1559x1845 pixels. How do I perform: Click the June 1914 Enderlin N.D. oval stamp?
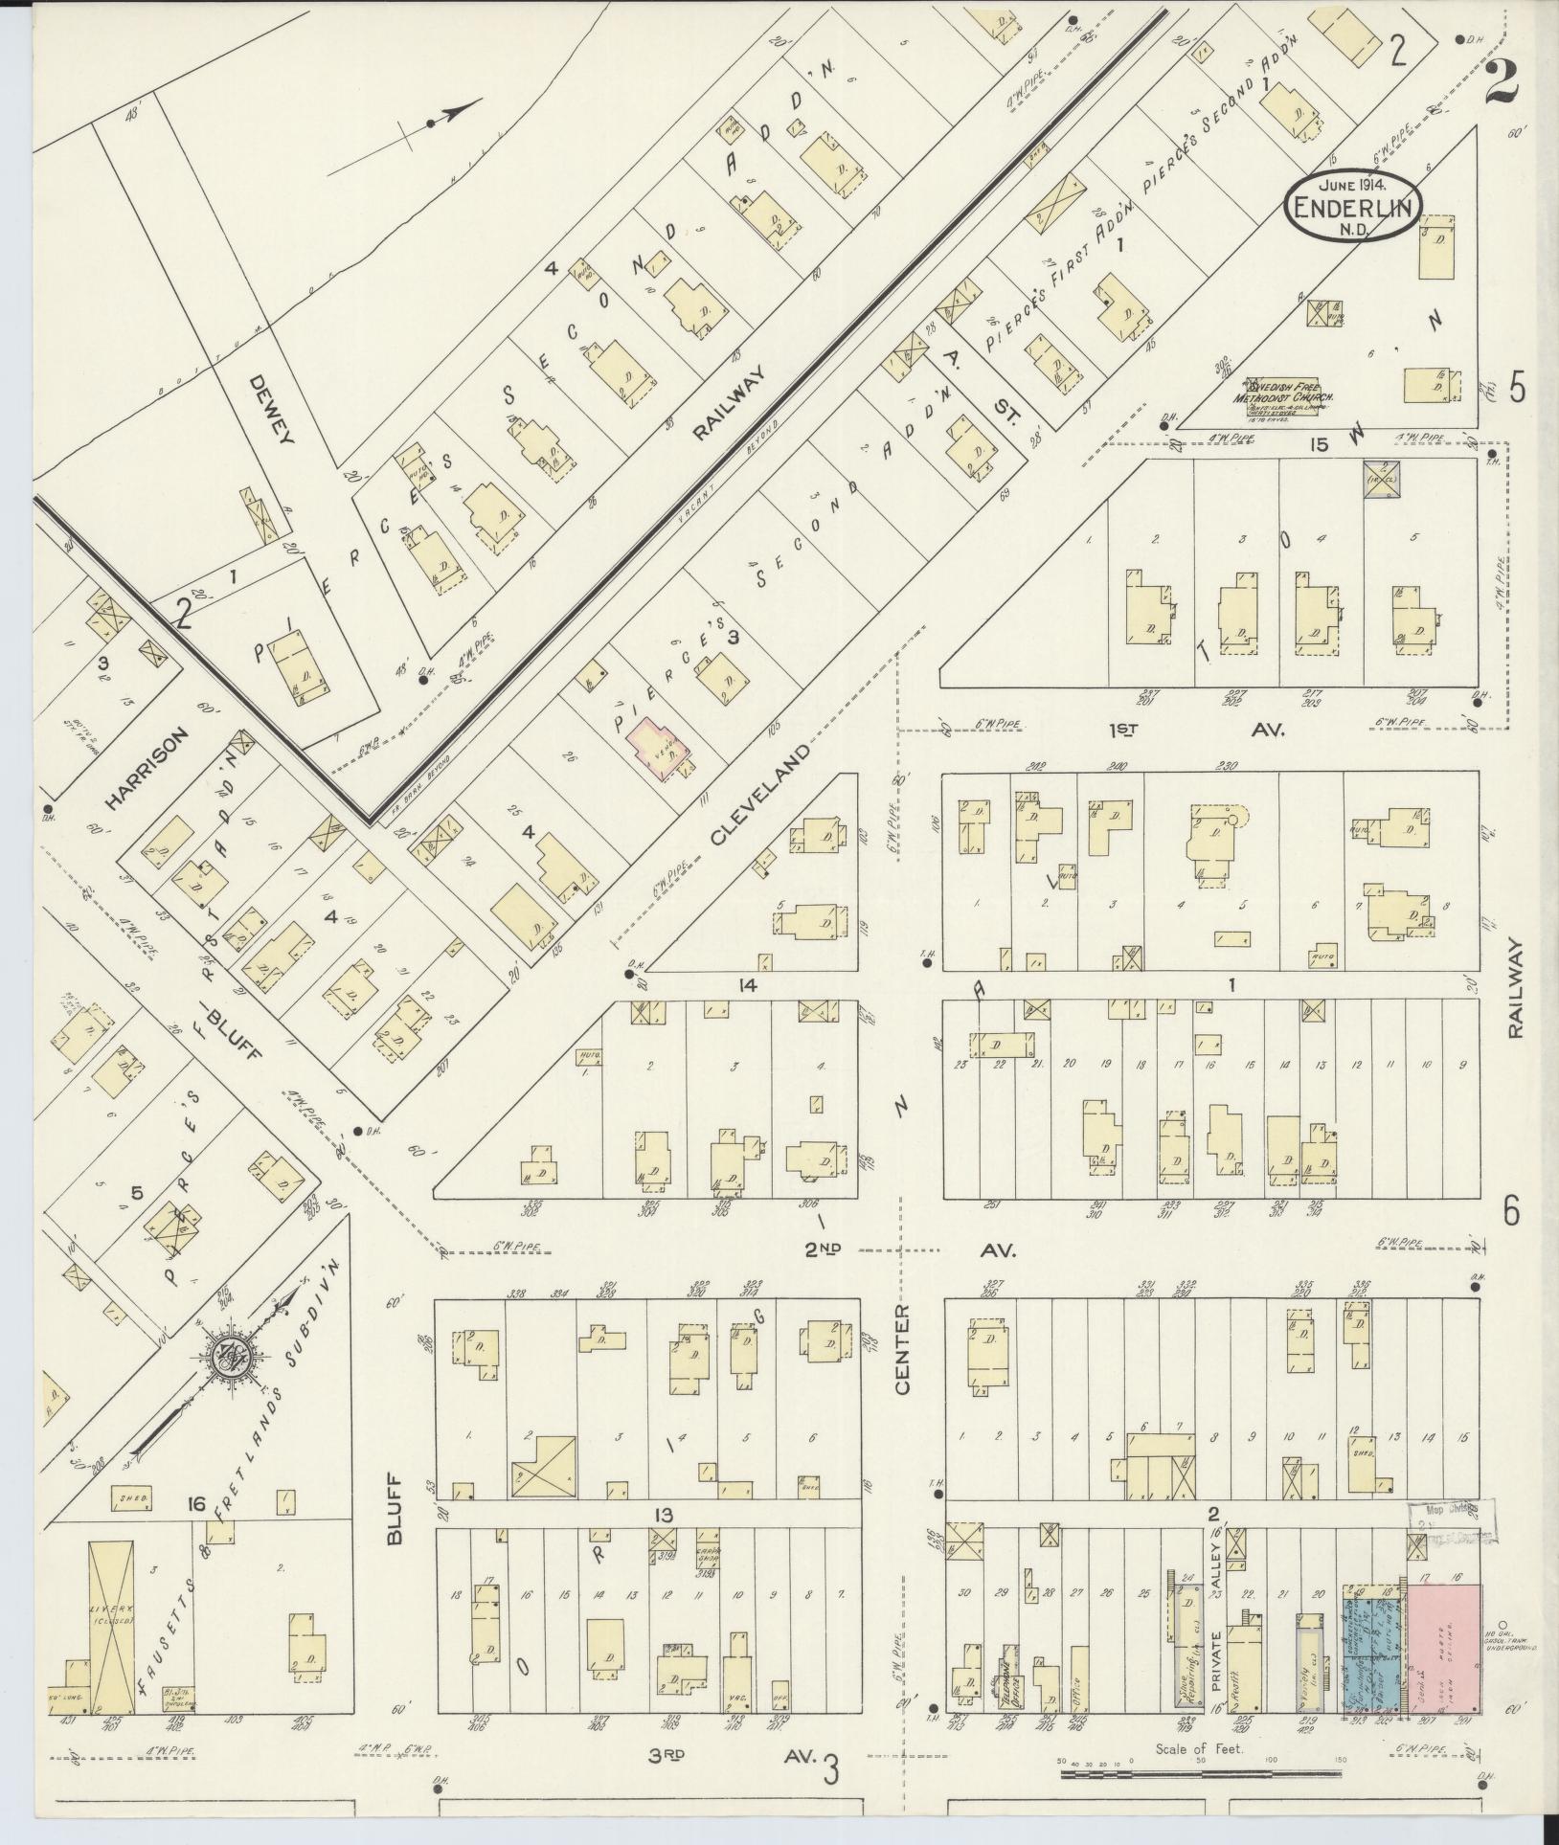click(x=1353, y=207)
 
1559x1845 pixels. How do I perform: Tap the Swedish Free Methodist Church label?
click(x=1288, y=400)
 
